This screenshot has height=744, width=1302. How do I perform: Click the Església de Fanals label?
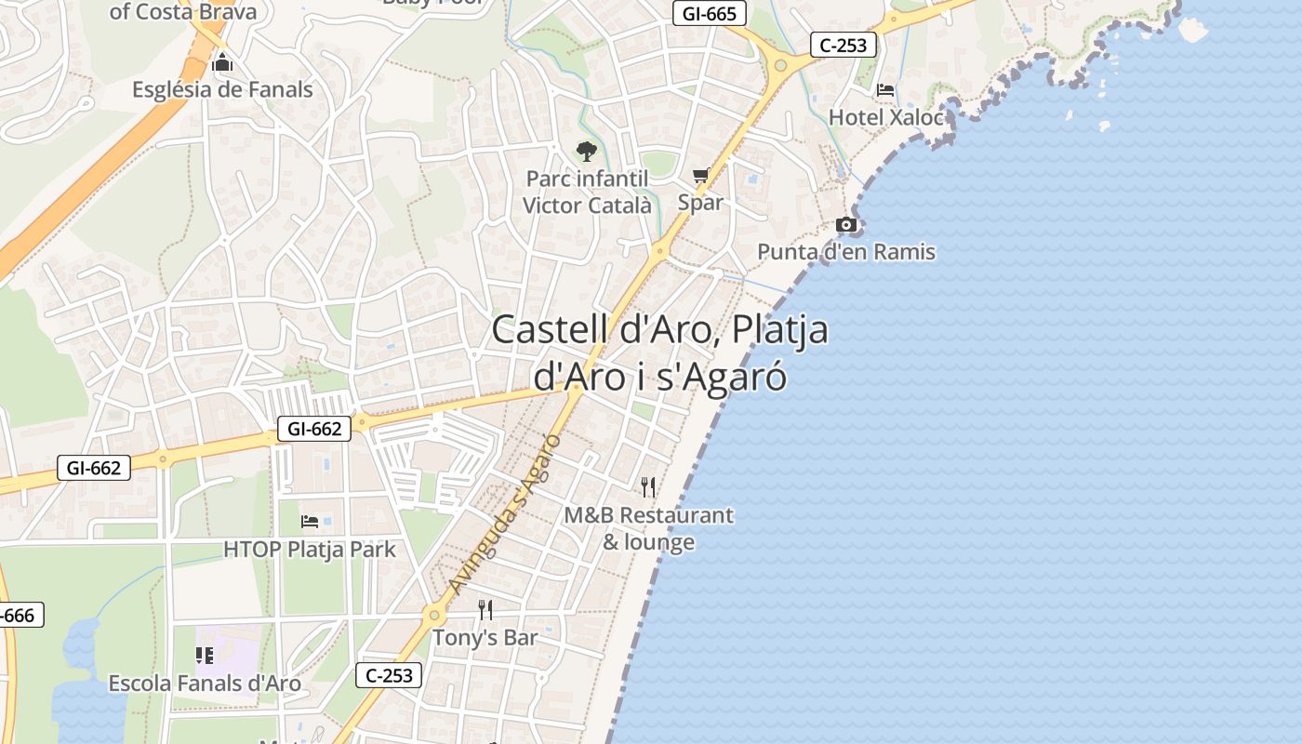[x=222, y=90]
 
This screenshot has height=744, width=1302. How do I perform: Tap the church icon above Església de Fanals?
[x=222, y=63]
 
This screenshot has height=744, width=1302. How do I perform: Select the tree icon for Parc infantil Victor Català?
[x=586, y=152]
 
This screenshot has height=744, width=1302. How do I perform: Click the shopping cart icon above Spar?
[x=700, y=175]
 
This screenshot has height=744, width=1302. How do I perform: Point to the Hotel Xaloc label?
[x=885, y=117]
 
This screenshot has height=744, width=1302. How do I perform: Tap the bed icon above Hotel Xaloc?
[x=885, y=90]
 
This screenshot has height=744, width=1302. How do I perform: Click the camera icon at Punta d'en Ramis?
[x=846, y=224]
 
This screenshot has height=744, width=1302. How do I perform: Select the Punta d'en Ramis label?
[x=846, y=251]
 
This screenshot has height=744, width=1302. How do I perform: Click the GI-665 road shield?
[x=710, y=13]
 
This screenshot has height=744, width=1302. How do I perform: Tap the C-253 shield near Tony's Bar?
[x=389, y=675]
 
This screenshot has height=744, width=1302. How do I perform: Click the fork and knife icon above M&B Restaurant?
[x=648, y=486]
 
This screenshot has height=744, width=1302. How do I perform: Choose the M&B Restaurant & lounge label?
[x=648, y=528]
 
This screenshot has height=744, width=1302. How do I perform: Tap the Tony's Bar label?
[x=485, y=638]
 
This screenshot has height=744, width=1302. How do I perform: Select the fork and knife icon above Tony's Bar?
[x=485, y=610]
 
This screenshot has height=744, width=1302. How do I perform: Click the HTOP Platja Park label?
[x=310, y=550]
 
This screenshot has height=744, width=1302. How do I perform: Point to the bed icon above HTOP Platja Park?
[x=310, y=522]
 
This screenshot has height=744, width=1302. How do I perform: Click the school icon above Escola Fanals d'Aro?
[x=205, y=656]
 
